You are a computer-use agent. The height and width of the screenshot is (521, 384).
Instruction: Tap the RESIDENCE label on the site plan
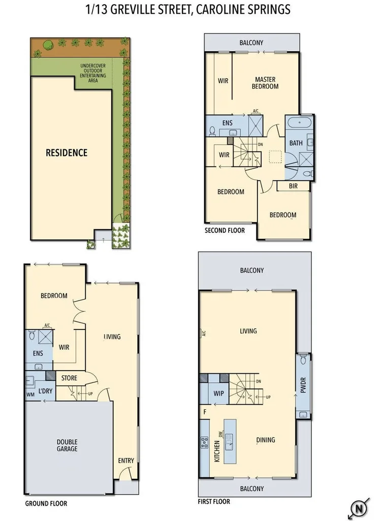pos(67,152)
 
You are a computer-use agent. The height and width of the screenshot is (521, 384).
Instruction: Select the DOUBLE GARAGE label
pos(67,445)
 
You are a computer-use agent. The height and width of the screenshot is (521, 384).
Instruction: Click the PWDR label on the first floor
pos(304,386)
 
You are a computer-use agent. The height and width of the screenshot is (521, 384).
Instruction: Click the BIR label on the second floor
pos(293,186)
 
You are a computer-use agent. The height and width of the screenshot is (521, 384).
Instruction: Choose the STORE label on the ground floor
pos(69,378)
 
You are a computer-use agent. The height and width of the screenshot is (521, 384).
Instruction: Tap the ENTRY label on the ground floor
pos(126,461)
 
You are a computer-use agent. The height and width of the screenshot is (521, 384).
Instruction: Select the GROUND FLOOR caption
pos(46,504)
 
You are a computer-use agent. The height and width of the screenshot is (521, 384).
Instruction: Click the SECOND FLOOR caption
pos(225,231)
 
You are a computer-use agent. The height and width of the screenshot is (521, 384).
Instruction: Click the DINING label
pos(266,440)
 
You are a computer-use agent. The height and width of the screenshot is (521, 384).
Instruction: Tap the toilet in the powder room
pos(303,361)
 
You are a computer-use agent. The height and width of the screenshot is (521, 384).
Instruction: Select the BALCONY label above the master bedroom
pos(251,43)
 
